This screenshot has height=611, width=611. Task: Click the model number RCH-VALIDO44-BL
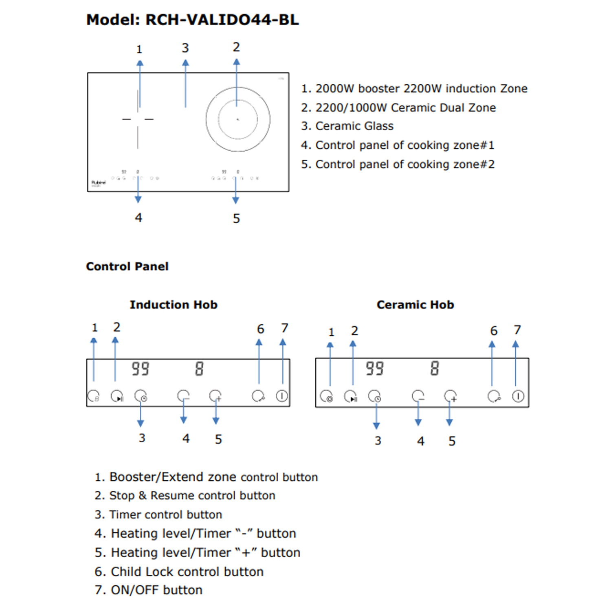pos(222,20)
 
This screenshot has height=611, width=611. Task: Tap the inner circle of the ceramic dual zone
pos(238,119)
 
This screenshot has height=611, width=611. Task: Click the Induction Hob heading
pos(174,305)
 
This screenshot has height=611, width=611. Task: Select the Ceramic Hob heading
pos(415,305)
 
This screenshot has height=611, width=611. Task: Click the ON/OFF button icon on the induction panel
pos(282,396)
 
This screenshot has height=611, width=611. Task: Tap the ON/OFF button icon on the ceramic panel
pos(518,396)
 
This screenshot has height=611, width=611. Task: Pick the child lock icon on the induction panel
pos(258,396)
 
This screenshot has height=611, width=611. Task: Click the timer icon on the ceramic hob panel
pos(375,396)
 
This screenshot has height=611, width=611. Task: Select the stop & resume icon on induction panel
pos(117,396)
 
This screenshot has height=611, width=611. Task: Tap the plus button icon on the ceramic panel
pos(451,396)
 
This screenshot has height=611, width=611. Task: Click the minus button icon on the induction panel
pos(183,396)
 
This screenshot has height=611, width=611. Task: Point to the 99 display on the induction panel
pos(141,369)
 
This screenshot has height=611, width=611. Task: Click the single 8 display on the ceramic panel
pos(435,368)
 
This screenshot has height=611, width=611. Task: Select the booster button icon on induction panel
pos(94,396)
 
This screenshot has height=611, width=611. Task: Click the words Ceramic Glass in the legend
pos(354,126)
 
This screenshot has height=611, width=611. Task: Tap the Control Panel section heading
pos(127,266)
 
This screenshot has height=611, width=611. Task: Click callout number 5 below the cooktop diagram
pos(236,219)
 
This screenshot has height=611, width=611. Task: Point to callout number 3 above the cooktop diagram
pos(185,48)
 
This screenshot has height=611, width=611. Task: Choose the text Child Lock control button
pos(187,571)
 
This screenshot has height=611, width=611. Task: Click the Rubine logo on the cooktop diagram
pos(99,182)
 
